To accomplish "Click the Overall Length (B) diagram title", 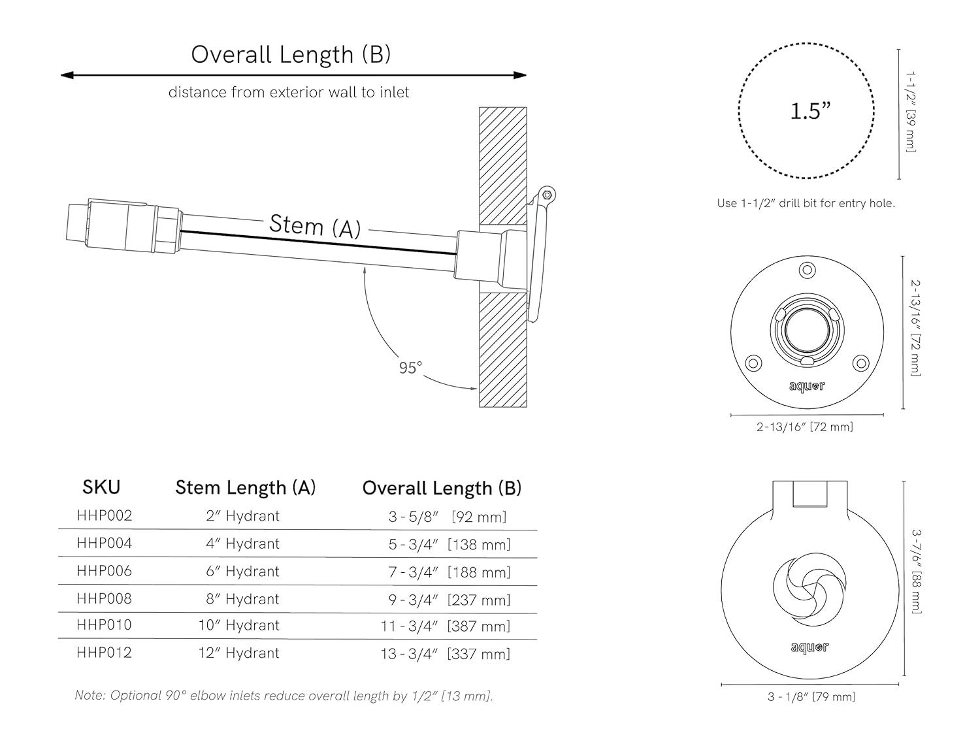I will [291, 54].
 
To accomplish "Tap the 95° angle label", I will [410, 368].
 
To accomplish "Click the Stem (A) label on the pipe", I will [314, 226].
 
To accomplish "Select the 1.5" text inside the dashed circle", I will [810, 111].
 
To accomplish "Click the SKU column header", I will [101, 487].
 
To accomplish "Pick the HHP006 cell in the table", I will [104, 571].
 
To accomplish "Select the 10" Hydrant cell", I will [238, 626].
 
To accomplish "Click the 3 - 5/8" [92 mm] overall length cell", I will [448, 517].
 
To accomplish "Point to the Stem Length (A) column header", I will [245, 488].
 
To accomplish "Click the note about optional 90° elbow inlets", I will [284, 696].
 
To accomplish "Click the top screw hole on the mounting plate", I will [808, 270].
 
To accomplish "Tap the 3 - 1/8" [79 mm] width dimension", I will [811, 697].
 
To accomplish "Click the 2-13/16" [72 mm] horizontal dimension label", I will [804, 427].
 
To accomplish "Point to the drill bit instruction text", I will [806, 203].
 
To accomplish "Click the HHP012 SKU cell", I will [104, 653].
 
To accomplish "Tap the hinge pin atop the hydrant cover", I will [547, 193].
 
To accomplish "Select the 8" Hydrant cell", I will [242, 599].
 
